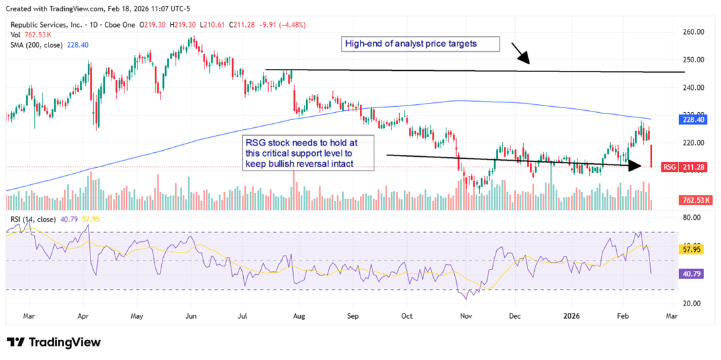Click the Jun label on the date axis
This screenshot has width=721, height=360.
click(x=191, y=315)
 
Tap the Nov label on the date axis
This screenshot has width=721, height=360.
click(x=466, y=315)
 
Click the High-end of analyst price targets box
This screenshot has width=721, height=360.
click(x=419, y=45)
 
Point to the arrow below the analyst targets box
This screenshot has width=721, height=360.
click(x=520, y=54)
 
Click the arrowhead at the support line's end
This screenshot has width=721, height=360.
click(x=635, y=167)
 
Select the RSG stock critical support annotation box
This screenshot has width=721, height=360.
click(x=308, y=153)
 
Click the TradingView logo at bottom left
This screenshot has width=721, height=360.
click(x=54, y=342)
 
